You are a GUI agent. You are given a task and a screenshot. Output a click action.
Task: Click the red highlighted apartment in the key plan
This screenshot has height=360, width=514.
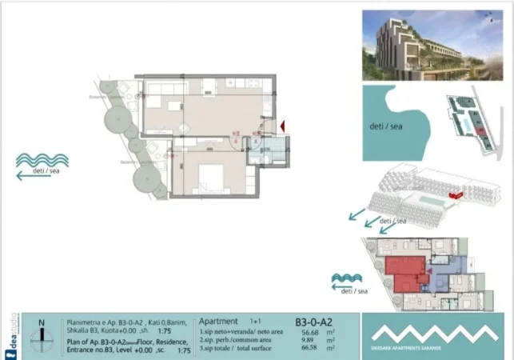[x=404, y=272]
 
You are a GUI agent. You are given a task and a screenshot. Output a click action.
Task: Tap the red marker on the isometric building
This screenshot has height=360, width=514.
[x=456, y=194]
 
